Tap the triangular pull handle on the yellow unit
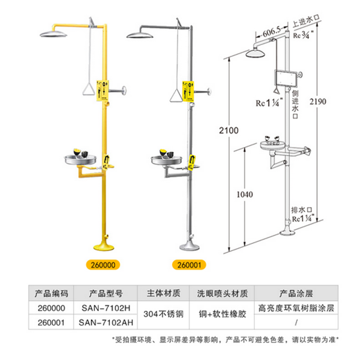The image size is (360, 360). click(x=88, y=91)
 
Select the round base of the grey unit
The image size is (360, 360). click(x=192, y=246)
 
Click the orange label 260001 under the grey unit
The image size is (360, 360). click(x=191, y=264)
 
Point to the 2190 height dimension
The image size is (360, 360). click(x=324, y=102)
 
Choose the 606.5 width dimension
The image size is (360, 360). click(x=272, y=32)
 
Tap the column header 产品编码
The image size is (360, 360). click(x=51, y=293)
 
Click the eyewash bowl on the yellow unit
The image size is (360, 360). click(x=80, y=159)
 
